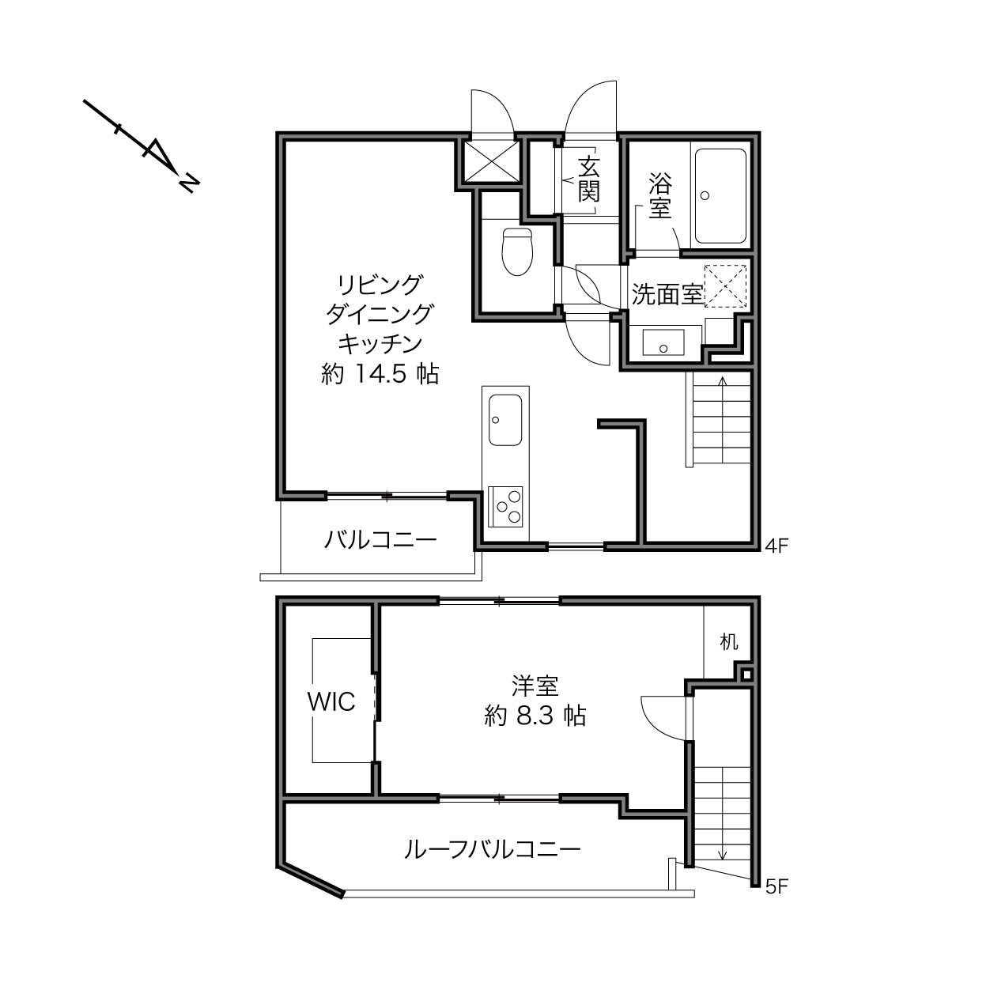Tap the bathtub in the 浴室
(x=720, y=196)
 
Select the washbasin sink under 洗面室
(x=663, y=342)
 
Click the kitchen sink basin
(x=505, y=420)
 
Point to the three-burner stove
(x=505, y=507)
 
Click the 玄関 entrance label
(x=589, y=179)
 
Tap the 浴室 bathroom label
(x=660, y=196)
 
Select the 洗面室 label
(x=667, y=294)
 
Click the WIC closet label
(x=331, y=702)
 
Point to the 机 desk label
(x=729, y=641)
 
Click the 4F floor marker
(x=777, y=546)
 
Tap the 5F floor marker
(x=777, y=886)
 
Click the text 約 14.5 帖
(x=380, y=374)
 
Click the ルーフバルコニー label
(x=492, y=850)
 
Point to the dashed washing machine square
(x=725, y=286)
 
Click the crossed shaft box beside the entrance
(x=492, y=161)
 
